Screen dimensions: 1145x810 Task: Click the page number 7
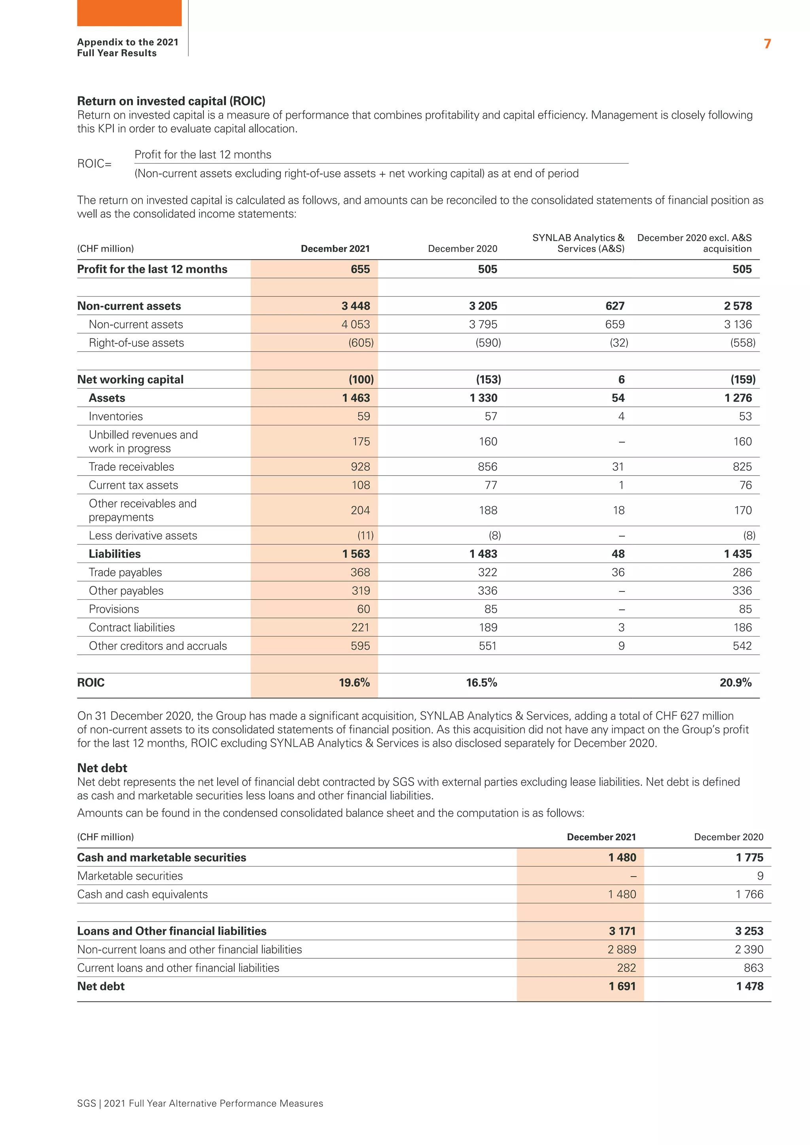767,44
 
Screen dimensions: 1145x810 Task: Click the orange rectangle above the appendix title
129,13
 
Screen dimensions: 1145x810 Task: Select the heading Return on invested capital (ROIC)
171,101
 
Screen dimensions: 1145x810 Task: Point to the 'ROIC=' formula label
94,164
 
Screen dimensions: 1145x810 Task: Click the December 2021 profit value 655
360,269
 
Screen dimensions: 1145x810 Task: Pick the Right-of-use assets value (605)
361,343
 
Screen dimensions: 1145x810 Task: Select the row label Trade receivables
131,467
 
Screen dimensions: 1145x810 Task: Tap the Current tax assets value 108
361,485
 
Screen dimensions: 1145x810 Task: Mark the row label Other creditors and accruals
158,646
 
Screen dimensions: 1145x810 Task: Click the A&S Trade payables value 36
618,572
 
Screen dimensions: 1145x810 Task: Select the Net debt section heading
102,768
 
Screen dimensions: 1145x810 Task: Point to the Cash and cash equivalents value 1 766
749,894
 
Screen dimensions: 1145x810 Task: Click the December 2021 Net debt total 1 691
622,986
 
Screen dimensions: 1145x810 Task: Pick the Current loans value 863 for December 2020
753,967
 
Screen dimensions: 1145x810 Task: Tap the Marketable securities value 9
760,876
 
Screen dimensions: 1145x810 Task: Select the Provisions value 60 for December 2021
363,609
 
